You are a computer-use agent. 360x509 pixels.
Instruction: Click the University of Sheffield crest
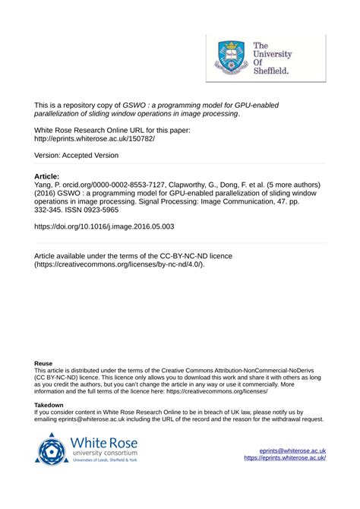232,57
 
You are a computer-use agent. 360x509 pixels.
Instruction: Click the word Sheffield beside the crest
270,71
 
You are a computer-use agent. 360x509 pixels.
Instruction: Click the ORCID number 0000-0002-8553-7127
128,185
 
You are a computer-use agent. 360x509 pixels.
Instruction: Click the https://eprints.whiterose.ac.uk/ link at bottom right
285,458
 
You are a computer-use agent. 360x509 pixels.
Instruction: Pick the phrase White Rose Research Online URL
92,131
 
